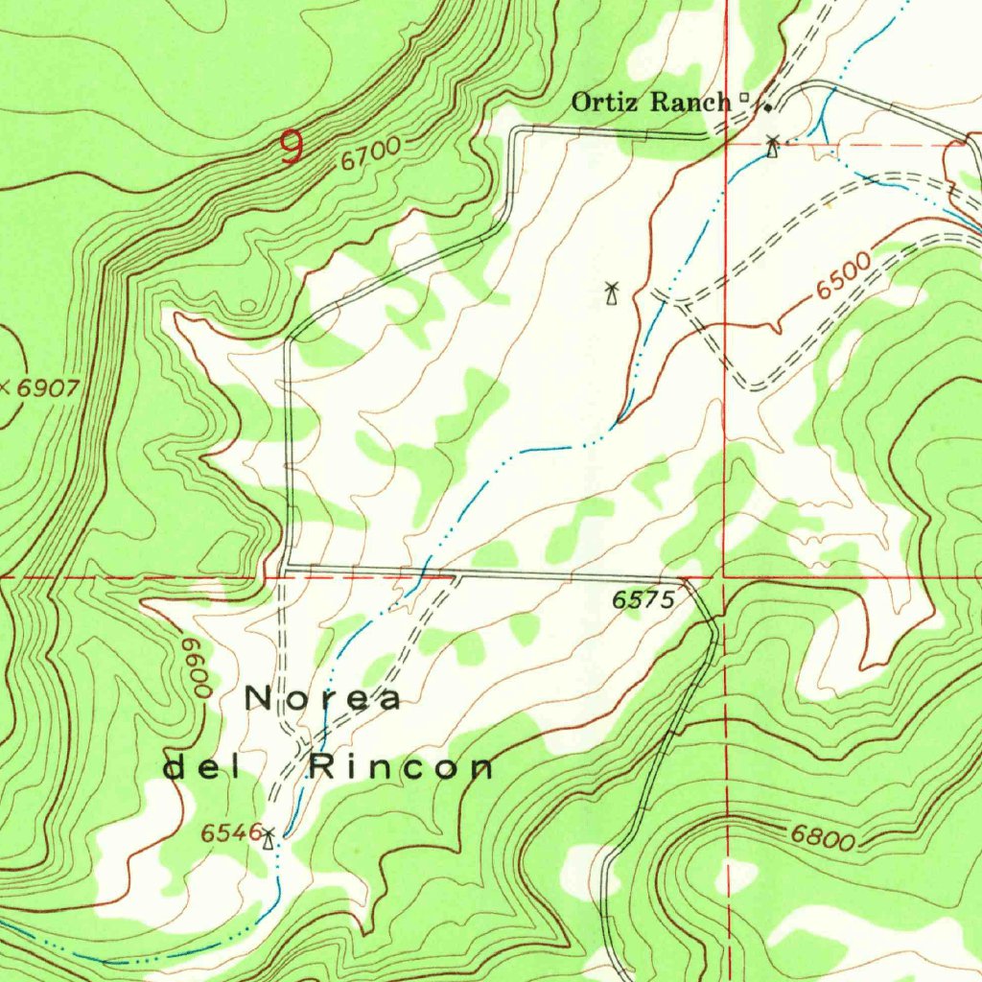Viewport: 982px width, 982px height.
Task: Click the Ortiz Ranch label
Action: [x=650, y=102]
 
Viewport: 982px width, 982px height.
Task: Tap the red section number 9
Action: [x=292, y=148]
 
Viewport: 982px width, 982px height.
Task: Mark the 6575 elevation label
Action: [x=643, y=600]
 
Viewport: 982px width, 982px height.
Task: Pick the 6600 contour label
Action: [x=199, y=669]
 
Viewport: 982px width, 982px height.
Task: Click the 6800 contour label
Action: [x=822, y=838]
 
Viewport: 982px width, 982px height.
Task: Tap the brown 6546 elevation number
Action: [x=229, y=833]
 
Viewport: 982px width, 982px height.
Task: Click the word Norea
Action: [x=323, y=699]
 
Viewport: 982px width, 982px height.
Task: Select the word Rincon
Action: [x=401, y=767]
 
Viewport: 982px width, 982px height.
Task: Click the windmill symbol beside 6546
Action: [x=269, y=839]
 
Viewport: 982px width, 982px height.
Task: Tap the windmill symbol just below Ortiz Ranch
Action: [x=772, y=146]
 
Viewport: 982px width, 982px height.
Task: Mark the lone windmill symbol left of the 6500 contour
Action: [x=610, y=292]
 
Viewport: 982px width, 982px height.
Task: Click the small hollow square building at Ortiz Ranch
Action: [x=745, y=97]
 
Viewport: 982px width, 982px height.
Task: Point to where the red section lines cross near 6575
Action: [x=726, y=578]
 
